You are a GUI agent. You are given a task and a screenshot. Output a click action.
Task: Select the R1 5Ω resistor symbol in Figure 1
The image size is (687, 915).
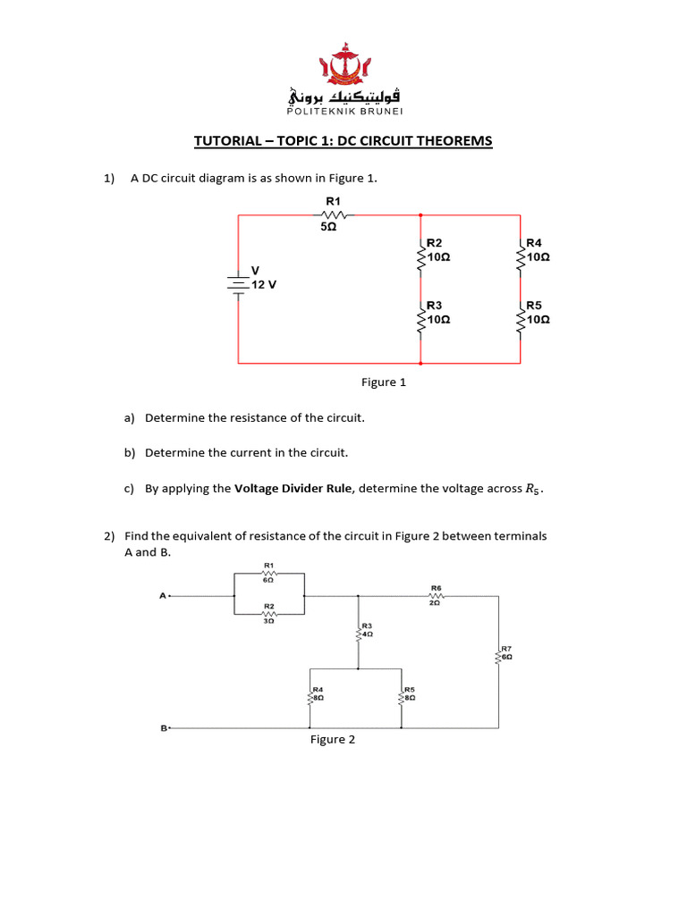pyautogui.click(x=333, y=214)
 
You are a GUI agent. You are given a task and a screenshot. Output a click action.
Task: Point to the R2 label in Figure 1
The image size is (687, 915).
pyautogui.click(x=435, y=243)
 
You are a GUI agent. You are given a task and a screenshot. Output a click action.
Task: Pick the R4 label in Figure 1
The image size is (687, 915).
pyautogui.click(x=534, y=243)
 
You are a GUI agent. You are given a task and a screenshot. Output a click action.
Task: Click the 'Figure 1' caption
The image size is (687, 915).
pyautogui.click(x=384, y=382)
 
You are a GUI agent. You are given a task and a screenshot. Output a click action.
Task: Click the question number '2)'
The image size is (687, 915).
pyautogui.click(x=109, y=536)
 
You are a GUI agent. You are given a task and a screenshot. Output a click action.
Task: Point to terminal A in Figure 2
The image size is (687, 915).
pyautogui.click(x=163, y=595)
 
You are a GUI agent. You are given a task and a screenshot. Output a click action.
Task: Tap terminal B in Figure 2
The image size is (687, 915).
pyautogui.click(x=164, y=728)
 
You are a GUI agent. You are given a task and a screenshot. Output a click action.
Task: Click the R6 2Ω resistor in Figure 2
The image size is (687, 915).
pyautogui.click(x=436, y=596)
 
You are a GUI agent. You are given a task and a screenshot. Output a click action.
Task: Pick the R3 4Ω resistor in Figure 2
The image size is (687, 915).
pyautogui.click(x=360, y=634)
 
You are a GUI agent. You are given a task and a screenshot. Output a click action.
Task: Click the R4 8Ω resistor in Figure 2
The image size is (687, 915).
pyautogui.click(x=310, y=698)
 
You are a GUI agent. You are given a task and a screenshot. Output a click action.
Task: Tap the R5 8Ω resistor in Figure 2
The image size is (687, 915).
pyautogui.click(x=403, y=698)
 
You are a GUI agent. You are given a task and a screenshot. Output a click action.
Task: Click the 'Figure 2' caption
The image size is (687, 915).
pyautogui.click(x=333, y=740)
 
